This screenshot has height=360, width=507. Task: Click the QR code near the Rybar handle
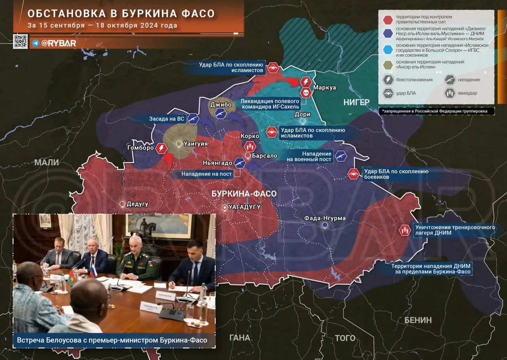20,42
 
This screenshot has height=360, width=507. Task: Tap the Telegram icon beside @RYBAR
36,43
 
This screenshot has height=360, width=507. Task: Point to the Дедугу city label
137,204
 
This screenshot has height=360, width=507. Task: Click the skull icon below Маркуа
305,93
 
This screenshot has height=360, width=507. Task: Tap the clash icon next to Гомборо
161,148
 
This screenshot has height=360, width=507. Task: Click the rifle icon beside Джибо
220,114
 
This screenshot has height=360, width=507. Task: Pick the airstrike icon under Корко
250,146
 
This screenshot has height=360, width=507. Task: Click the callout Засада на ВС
166,119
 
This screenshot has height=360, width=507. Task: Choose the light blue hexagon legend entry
388,48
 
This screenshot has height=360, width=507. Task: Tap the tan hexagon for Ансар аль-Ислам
388,65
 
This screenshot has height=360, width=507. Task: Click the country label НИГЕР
356,102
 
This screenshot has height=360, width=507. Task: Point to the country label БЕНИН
418,320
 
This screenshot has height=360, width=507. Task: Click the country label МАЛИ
46,162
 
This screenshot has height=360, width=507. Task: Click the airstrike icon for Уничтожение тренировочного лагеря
404,230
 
